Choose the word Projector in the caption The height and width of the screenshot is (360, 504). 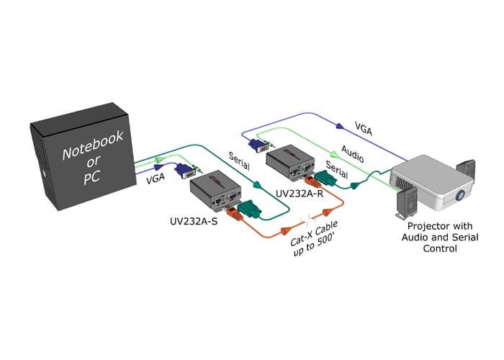coord(420,226)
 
